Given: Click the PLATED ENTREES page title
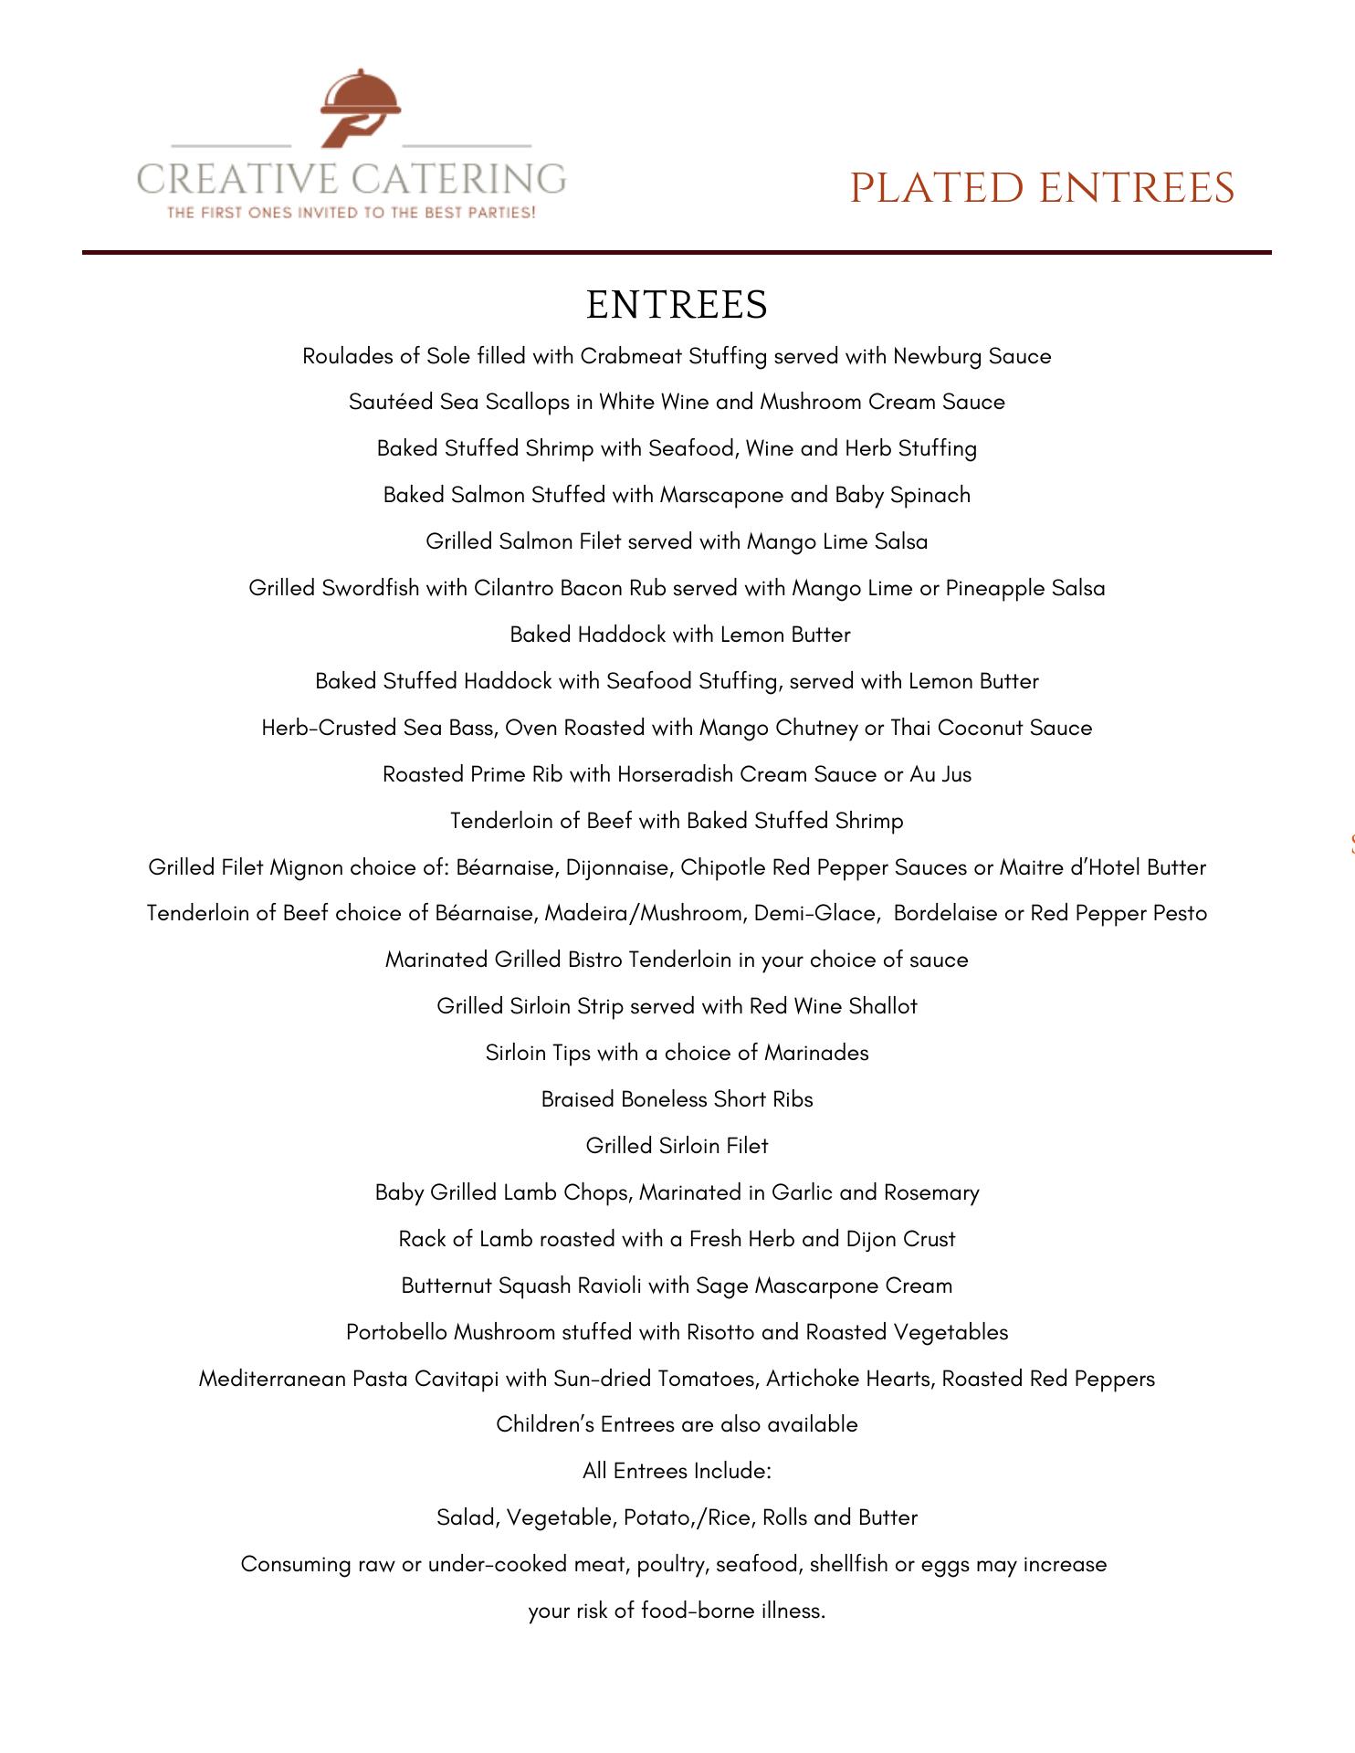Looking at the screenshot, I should [1042, 188].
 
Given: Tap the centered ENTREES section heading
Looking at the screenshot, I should [677, 305].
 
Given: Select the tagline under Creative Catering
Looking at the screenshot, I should [351, 213].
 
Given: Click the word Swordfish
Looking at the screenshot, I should [370, 588].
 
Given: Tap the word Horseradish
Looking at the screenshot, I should [675, 774].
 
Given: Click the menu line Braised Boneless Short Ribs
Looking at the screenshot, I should [677, 1099].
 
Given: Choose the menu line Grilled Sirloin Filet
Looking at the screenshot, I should [677, 1146].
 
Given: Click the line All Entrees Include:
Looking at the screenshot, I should [677, 1471].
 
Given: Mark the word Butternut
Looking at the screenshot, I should [446, 1286].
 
